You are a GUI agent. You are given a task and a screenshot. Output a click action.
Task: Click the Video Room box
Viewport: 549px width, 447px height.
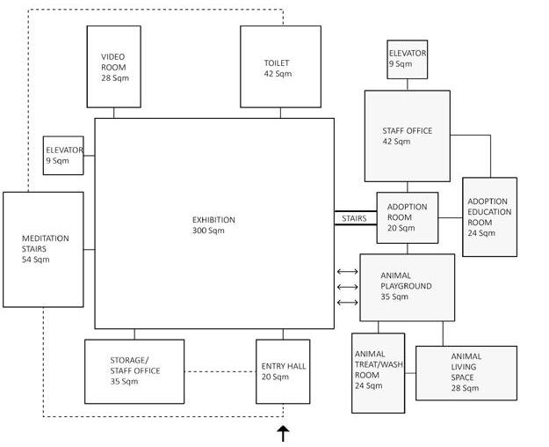point(114,66)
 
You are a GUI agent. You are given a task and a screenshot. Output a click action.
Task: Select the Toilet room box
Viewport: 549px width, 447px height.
point(280,66)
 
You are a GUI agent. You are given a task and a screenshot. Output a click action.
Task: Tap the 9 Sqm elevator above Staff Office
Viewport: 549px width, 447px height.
point(408,59)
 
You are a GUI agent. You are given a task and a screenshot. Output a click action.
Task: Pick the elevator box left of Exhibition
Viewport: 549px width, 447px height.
point(63,155)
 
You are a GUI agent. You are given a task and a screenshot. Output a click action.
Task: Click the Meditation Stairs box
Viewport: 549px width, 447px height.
point(44,249)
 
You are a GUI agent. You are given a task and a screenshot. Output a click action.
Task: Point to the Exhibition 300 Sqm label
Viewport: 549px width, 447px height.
point(213,225)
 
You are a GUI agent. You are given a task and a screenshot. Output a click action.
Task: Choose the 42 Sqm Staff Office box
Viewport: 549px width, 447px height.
point(408,136)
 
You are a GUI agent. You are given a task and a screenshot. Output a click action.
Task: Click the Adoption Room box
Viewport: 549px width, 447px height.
point(407,217)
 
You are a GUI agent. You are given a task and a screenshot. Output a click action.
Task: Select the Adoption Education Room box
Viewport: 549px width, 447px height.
point(488,216)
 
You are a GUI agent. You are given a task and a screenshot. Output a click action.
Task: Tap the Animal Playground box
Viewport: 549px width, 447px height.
point(407,287)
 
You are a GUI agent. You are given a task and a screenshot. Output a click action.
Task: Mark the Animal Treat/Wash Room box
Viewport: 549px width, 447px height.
point(379,373)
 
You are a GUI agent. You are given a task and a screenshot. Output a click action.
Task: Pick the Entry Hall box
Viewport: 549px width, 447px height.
point(283,371)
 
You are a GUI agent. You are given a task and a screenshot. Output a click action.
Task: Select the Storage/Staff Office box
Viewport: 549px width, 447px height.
point(134,371)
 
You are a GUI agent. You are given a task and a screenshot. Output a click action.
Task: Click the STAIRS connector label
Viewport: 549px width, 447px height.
point(354,218)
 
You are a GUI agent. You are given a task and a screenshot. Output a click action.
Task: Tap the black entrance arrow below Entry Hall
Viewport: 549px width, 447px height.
point(283,433)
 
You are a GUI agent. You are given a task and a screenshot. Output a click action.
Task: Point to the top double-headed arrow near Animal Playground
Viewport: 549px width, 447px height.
point(347,271)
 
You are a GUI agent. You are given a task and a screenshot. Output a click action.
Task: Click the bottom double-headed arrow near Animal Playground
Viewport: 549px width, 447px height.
point(347,303)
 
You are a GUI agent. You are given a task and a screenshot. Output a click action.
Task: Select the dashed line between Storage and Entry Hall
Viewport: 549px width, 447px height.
point(220,371)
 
